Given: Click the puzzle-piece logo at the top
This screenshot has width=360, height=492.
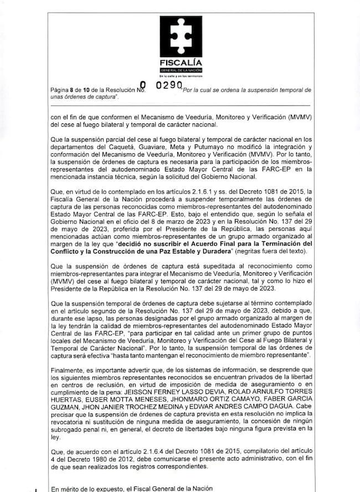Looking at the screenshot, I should coord(179,36).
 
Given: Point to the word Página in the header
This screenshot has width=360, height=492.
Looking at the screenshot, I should coord(60,89).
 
